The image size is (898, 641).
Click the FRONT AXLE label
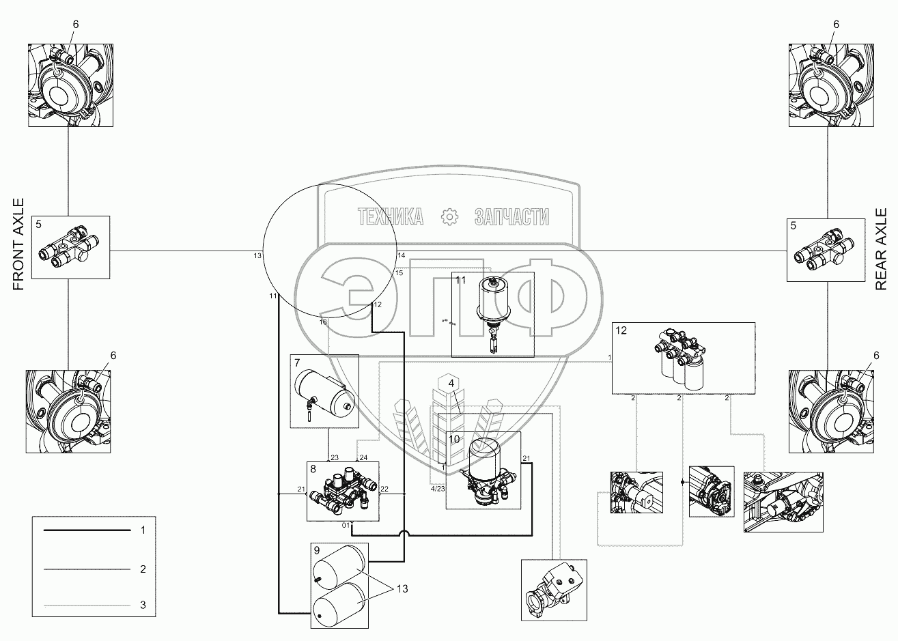(18, 245)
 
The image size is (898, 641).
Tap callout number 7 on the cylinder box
(297, 362)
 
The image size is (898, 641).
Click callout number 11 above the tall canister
(460, 280)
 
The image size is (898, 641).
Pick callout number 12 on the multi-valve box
(620, 330)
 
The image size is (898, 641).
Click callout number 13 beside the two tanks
(404, 588)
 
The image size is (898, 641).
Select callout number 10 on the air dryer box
(455, 439)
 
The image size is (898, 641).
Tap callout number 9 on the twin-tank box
(317, 550)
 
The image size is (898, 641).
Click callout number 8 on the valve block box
(313, 469)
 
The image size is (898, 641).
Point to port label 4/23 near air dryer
(437, 489)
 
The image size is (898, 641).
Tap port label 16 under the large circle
(323, 322)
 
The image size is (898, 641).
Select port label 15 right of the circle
(399, 272)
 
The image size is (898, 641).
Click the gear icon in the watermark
(449, 217)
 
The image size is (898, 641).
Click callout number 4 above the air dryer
(451, 384)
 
